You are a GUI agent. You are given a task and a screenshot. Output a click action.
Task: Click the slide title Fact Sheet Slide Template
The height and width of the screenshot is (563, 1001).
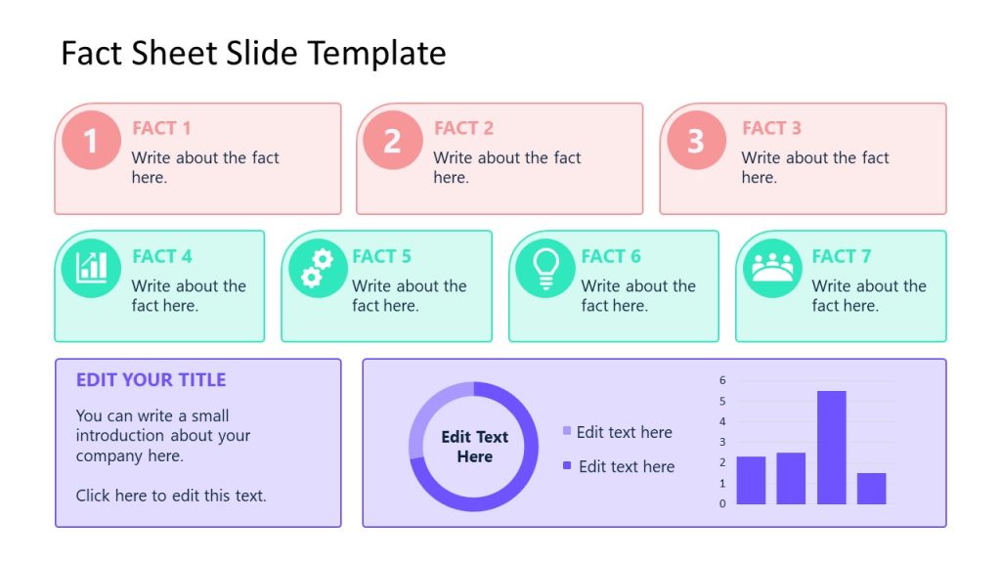point(253,53)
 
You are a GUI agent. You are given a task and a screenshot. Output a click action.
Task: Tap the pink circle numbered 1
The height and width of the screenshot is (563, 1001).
point(91,141)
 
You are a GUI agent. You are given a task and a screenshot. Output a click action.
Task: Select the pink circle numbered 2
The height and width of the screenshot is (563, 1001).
point(392,141)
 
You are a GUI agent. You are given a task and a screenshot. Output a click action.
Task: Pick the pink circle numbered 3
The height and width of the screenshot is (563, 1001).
point(696,141)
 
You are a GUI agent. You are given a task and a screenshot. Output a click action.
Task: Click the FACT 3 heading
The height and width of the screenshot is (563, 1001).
point(771,128)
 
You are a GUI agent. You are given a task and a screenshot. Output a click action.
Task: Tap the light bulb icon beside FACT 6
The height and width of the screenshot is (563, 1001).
point(544,267)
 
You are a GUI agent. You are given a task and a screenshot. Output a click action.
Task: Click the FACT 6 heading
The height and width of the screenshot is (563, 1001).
point(611,256)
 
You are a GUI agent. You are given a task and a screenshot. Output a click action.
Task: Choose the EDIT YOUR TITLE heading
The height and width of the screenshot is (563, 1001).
point(151,380)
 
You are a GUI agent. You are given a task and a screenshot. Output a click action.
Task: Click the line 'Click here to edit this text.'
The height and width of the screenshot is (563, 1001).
point(171,496)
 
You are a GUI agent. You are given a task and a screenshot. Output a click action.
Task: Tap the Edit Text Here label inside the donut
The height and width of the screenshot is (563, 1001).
point(474,447)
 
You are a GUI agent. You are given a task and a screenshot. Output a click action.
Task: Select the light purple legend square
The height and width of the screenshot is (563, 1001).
point(567,431)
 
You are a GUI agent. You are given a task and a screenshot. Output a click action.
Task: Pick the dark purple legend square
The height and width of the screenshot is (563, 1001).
point(567,465)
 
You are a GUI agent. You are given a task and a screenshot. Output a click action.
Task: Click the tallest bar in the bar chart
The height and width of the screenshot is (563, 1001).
point(831,447)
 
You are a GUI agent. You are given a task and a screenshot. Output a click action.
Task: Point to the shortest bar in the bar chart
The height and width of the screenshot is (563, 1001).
point(871,488)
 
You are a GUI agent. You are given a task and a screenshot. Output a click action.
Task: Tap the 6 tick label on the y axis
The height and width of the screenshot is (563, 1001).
point(722,380)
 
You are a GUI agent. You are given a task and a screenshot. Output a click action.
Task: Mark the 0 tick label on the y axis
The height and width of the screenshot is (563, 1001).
point(722,503)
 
